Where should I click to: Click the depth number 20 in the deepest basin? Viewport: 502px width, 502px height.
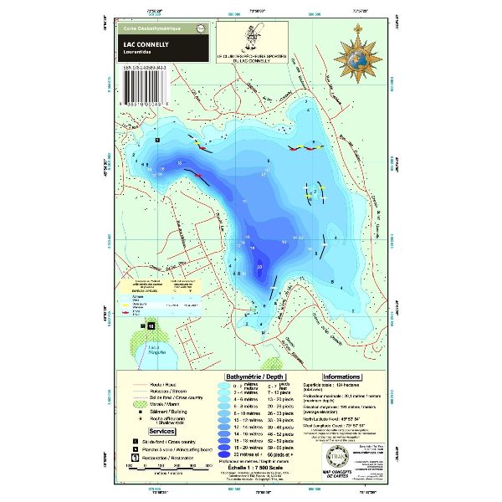260,268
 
